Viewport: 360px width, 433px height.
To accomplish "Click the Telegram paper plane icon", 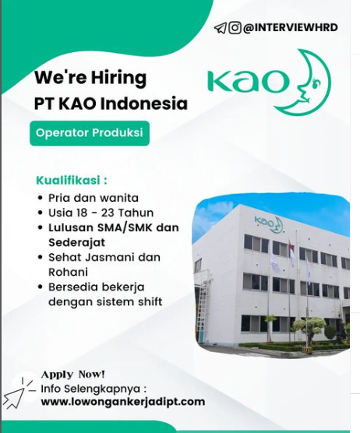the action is (221, 28).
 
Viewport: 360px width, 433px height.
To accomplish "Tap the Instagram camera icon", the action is (235, 27).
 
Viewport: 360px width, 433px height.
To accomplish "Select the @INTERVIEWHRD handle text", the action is (290, 27).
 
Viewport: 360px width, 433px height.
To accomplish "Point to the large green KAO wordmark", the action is (248, 81).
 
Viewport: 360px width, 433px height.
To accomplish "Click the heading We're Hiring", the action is (90, 78).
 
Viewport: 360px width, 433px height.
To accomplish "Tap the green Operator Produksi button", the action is (90, 133).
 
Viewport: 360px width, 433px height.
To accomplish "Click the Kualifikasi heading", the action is (72, 180).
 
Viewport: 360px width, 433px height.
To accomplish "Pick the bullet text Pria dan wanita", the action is (94, 198).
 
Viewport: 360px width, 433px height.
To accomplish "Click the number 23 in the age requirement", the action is (108, 213).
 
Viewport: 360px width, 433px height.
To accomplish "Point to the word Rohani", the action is (69, 272).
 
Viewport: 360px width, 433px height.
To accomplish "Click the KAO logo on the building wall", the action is (268, 223).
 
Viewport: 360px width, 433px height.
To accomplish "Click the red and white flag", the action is (291, 254).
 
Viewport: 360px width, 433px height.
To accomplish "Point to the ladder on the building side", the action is (203, 308).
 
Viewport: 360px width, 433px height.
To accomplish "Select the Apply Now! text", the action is (73, 374).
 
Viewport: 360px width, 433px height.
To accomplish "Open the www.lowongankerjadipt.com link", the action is (123, 401).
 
